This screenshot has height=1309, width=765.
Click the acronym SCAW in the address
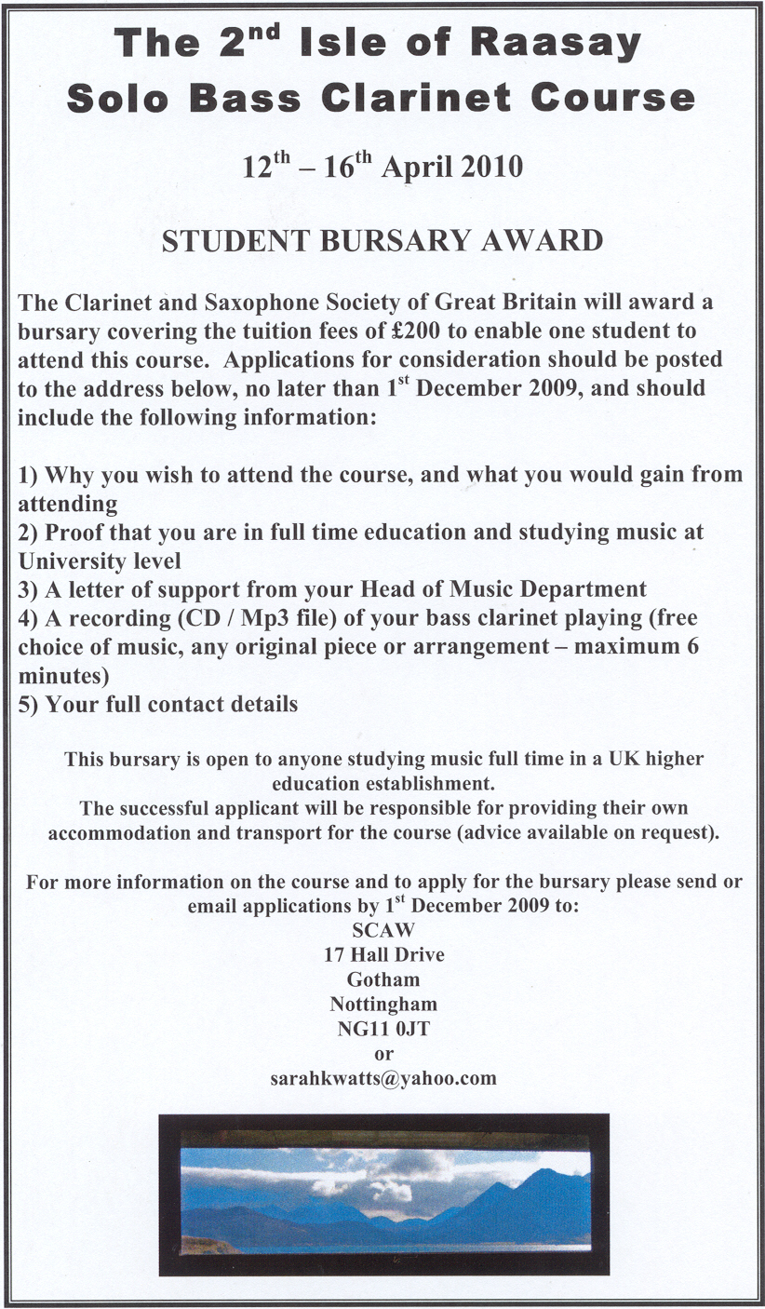(383, 929)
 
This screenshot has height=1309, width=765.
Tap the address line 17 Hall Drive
(383, 954)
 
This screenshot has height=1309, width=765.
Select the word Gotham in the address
(383, 979)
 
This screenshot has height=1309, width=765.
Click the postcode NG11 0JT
(383, 1030)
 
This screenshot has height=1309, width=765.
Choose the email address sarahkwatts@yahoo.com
(383, 1079)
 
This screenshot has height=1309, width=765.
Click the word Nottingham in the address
(383, 1005)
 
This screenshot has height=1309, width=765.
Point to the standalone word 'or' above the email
(383, 1054)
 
